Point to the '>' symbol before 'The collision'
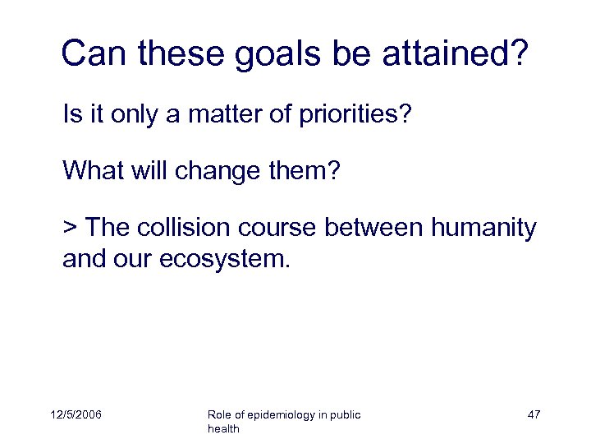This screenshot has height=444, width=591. point(70,226)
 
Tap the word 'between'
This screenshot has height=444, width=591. point(379,226)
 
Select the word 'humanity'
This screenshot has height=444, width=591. point(487,226)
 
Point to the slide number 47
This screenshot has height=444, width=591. point(534,415)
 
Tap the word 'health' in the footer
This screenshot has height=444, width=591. point(223,429)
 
